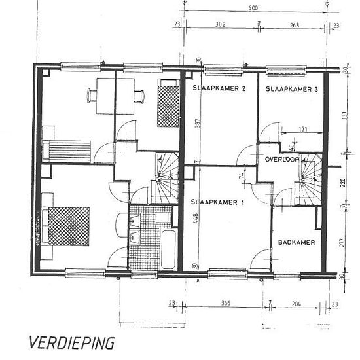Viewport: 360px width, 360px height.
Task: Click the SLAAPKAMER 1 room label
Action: coord(217,202)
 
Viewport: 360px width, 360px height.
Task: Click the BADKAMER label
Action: coord(297,242)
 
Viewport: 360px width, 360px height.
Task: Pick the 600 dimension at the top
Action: coord(253,9)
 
